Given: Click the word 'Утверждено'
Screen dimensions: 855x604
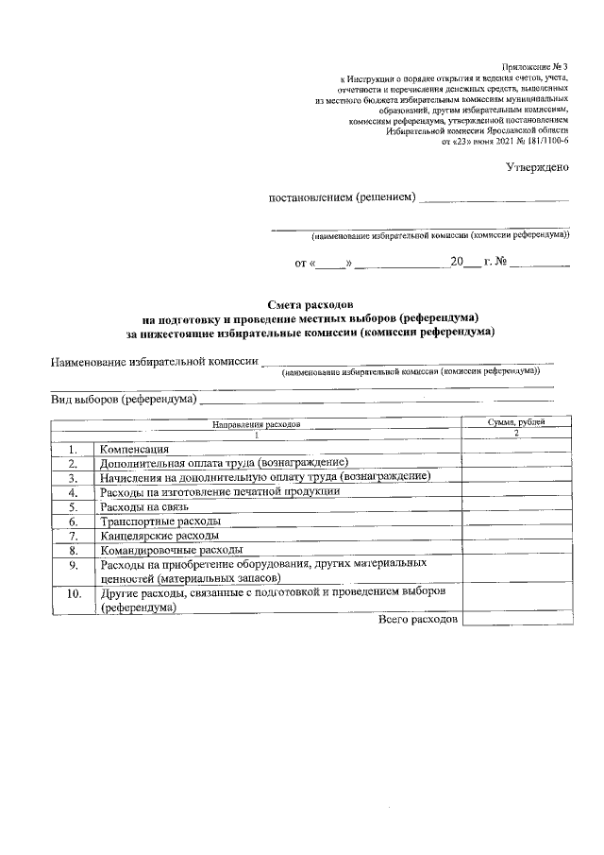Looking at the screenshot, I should coord(538,167).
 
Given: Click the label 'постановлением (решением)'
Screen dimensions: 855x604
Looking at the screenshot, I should coord(342,197).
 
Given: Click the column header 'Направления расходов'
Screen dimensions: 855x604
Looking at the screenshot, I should coord(256,425).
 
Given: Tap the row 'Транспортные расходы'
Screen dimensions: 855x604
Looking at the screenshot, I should coord(160,522).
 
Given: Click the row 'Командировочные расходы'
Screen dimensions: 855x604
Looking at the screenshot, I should coord(171,550).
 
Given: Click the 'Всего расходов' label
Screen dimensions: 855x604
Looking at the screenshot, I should coord(418,619).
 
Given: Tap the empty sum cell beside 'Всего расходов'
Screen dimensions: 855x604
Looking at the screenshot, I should coord(516,619).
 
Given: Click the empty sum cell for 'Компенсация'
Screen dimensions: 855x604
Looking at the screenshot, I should coord(516,448).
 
